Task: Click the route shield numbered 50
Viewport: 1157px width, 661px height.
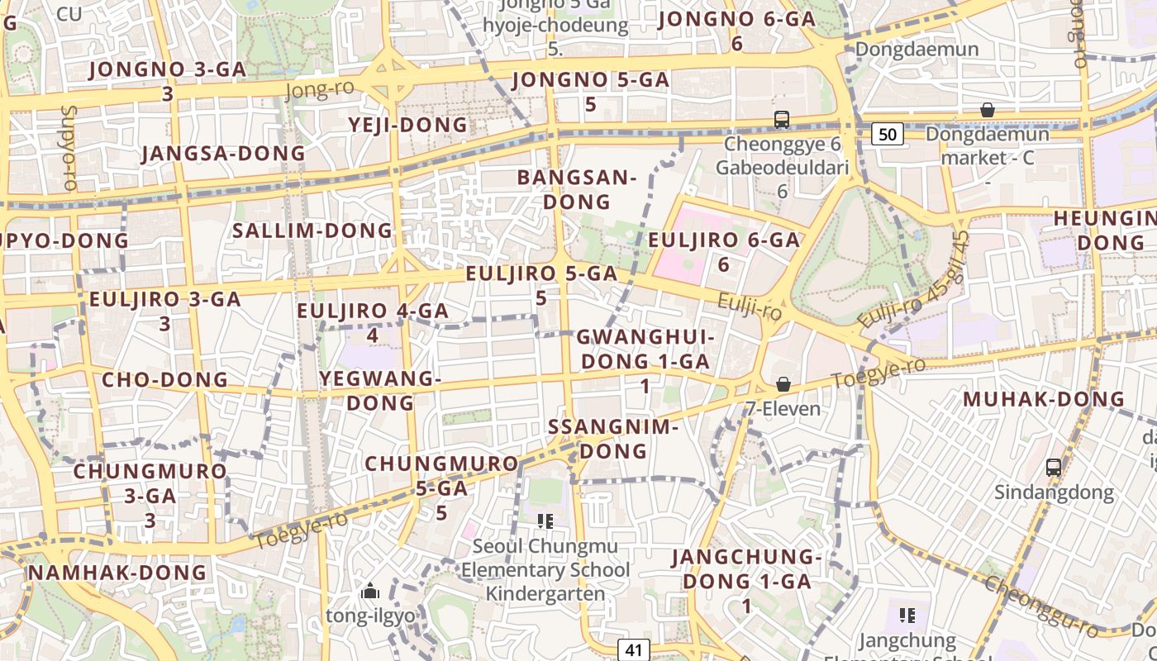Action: click(887, 133)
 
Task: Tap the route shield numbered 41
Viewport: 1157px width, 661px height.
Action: click(632, 649)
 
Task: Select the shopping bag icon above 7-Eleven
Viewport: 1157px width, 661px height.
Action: click(783, 385)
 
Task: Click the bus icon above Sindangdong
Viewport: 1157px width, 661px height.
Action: click(1054, 468)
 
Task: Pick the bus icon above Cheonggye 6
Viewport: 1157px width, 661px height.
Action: click(782, 120)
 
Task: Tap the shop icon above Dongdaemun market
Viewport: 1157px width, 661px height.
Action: click(987, 110)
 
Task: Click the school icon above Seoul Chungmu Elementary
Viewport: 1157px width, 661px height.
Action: click(545, 521)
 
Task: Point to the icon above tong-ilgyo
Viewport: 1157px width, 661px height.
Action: click(370, 592)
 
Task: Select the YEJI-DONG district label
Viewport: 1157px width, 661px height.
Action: click(407, 125)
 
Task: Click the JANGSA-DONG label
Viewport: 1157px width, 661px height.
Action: click(223, 154)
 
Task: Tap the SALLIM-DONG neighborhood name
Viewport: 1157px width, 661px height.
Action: click(312, 231)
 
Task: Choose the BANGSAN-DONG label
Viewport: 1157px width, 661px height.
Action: click(577, 189)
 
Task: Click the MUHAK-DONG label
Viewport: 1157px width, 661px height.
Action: click(1044, 399)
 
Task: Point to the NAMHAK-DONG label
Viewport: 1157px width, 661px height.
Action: click(117, 572)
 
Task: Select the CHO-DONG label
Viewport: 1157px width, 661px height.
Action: click(164, 380)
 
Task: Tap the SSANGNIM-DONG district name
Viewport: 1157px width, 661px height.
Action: click(613, 439)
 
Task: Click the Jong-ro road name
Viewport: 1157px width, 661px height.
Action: click(320, 89)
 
